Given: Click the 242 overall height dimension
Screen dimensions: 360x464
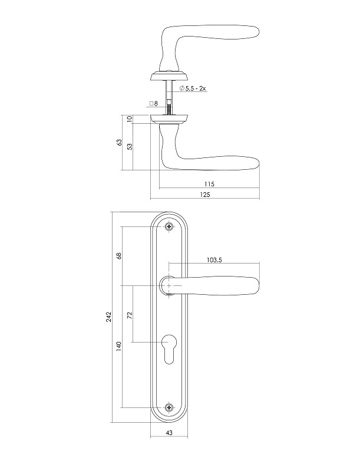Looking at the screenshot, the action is (108, 317).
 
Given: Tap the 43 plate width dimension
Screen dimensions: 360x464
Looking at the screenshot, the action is (169, 433).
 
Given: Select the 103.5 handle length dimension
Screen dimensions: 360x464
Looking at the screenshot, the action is (214, 260).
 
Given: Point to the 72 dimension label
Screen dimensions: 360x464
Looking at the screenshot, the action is (129, 314).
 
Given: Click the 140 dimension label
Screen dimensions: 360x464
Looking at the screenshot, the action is (118, 347).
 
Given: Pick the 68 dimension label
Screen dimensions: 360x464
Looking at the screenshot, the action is (118, 256).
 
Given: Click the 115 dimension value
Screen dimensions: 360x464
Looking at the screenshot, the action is (209, 184).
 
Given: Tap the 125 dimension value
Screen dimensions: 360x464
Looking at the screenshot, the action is (205, 195).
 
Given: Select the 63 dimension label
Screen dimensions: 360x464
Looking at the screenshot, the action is (119, 142).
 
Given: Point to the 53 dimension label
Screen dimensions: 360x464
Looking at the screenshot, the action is (129, 146).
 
